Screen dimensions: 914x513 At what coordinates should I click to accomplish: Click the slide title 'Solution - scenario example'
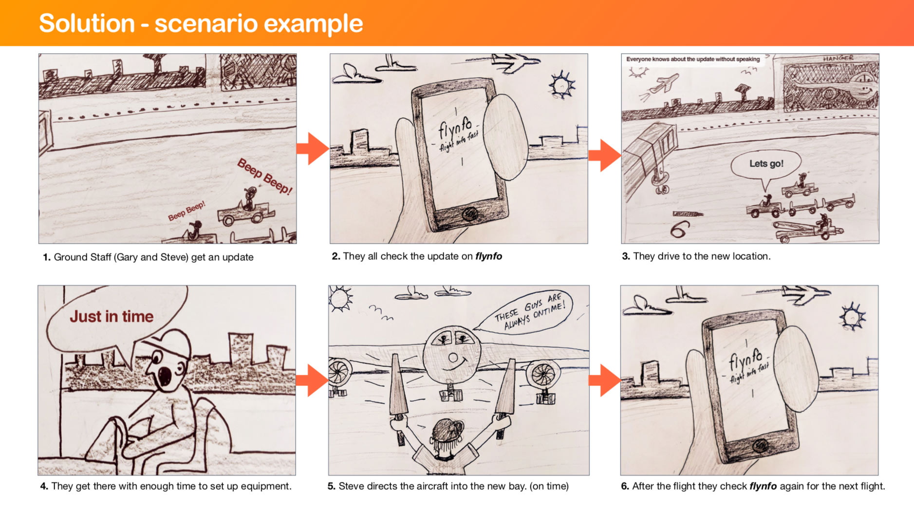pos(201,23)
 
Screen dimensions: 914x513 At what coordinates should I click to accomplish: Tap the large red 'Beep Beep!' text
pos(264,176)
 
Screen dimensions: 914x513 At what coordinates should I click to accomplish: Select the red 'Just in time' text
pos(112,317)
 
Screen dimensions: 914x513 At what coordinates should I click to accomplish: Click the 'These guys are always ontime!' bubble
pos(528,312)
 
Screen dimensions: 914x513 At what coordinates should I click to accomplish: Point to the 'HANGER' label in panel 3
pos(838,58)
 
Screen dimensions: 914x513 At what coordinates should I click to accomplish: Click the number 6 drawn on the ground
pos(680,229)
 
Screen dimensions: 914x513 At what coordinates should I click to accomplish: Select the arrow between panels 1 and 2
pos(313,149)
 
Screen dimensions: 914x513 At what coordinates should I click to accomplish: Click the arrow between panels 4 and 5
pos(312,380)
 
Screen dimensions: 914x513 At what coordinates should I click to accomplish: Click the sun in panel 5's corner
pos(340,298)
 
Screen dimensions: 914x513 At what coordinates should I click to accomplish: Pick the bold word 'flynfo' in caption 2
pos(488,256)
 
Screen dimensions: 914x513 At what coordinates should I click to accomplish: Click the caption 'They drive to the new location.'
pos(702,256)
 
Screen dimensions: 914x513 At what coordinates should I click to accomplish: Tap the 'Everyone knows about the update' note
pos(693,59)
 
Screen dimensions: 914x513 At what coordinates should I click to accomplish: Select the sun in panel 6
pos(852,317)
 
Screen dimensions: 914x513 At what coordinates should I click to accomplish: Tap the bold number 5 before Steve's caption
pos(331,486)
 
